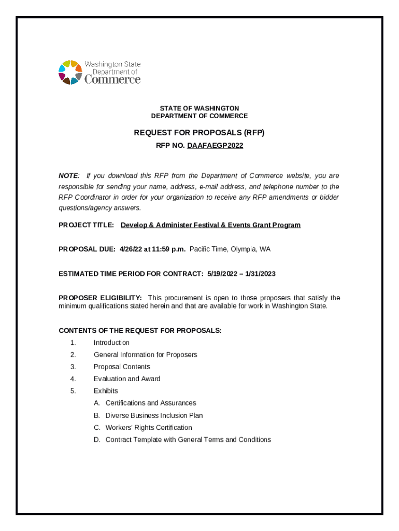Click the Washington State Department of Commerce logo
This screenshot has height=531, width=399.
click(99, 72)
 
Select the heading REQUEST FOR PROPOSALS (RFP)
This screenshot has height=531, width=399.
click(199, 133)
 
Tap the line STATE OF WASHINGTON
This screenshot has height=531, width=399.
click(199, 108)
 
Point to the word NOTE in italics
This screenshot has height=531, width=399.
click(68, 176)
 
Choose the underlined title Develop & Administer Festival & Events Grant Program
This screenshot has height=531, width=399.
click(210, 225)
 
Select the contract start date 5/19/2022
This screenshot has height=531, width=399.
click(225, 273)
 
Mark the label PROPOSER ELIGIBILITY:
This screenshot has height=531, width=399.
click(100, 298)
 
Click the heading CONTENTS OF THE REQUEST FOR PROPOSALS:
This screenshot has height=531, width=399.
click(140, 330)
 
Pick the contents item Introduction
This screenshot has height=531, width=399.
click(111, 343)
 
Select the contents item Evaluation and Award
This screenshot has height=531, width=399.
click(127, 379)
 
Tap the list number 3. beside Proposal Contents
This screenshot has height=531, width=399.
click(74, 367)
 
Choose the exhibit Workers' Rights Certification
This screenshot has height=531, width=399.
click(149, 428)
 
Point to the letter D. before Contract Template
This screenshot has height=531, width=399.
click(97, 440)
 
